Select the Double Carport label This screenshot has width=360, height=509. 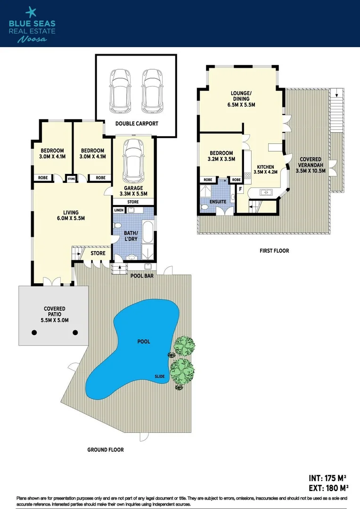[x=137, y=124]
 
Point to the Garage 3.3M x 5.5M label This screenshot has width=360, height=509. [x=133, y=190]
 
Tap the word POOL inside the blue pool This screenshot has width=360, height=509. [x=144, y=341]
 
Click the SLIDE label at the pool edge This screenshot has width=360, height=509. [x=160, y=376]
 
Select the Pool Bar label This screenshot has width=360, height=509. [x=142, y=276]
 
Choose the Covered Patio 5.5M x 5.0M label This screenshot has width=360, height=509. [x=53, y=315]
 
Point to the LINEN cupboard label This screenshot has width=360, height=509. [x=119, y=210]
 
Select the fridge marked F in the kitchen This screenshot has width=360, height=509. [x=240, y=189]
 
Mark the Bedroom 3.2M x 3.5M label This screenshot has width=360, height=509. [x=221, y=156]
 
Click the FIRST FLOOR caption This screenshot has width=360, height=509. [x=274, y=251]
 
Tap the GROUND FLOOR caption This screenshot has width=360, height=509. [x=106, y=450]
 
